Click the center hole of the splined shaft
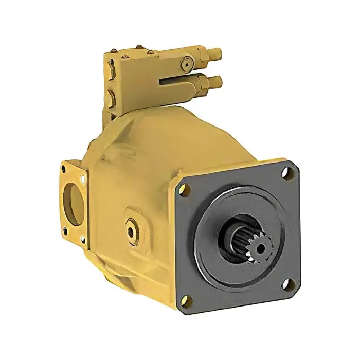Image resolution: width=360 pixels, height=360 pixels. [261, 249]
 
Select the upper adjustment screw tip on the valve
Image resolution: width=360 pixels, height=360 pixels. [218, 53]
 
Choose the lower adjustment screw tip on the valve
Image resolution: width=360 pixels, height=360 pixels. [218, 81]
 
